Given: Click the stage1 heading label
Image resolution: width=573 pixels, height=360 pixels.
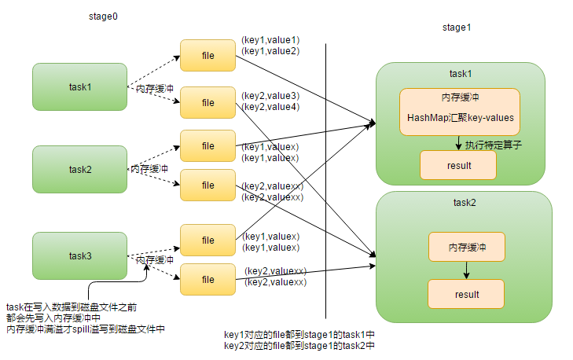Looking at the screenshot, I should click(x=457, y=28).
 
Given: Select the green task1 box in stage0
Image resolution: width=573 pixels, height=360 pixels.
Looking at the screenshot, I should click(x=79, y=87).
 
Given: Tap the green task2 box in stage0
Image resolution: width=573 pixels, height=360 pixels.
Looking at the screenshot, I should click(x=79, y=169).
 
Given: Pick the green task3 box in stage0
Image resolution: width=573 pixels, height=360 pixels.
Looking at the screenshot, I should click(x=79, y=255).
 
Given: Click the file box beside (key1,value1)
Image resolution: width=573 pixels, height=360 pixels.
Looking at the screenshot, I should click(x=208, y=55).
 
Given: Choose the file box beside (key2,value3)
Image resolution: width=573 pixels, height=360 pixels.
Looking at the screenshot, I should click(x=208, y=102).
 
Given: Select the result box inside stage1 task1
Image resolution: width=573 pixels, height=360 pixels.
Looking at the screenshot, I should click(x=457, y=166).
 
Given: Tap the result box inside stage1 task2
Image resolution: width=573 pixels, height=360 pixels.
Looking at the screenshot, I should click(x=465, y=293).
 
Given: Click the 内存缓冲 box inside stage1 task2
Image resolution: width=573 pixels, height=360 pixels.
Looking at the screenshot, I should click(x=466, y=247).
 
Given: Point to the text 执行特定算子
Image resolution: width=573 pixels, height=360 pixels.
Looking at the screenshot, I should click(x=494, y=145).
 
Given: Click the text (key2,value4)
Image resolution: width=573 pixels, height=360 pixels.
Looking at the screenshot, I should click(x=270, y=107).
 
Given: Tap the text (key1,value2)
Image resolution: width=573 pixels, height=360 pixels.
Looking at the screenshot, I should click(x=270, y=51).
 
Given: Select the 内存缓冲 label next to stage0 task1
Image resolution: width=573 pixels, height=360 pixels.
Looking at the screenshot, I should click(x=154, y=89).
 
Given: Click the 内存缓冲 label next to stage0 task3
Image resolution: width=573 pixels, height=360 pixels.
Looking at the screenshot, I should click(x=154, y=259).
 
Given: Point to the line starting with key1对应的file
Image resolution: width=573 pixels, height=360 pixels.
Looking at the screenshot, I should click(x=299, y=335).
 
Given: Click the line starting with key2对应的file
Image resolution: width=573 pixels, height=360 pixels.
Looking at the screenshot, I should click(x=299, y=345).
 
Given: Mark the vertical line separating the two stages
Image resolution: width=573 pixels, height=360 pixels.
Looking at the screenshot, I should click(x=326, y=181).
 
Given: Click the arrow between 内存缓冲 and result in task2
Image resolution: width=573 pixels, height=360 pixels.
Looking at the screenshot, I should click(x=466, y=270).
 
